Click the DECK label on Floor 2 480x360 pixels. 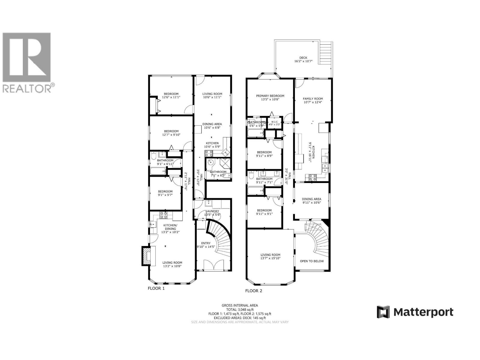[x=303, y=58]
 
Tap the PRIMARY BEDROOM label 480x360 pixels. [x=270, y=96]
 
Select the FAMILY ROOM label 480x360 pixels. [x=313, y=99]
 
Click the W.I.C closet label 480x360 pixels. [x=274, y=122]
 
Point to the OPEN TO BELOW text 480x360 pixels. [x=312, y=261]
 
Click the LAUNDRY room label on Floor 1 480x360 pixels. [x=212, y=211]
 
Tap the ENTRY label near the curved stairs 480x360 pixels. [x=206, y=243]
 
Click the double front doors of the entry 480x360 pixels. [x=214, y=265]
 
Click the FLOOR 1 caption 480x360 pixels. [x=156, y=288]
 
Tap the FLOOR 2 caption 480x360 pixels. [x=253, y=290]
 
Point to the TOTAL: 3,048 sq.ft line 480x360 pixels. [x=240, y=310]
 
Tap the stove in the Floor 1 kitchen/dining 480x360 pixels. [x=164, y=214]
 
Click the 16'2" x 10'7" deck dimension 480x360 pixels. [x=303, y=61]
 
